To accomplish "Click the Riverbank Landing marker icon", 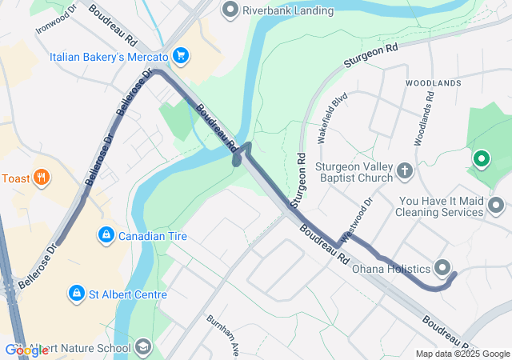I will coord(231,10).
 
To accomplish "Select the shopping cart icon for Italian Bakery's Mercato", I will coord(182,56).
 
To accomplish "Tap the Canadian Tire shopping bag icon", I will coord(105,235).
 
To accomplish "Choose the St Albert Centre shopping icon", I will coord(76,294).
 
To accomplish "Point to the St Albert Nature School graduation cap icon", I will coord(143,347).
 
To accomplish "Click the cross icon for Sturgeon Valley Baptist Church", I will coord(405,170).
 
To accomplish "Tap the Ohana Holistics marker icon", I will coord(442,268).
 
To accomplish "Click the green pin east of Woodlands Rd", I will coord(481,159).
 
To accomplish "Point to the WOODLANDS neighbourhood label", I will coord(433,83).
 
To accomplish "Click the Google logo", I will coord(26,350).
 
